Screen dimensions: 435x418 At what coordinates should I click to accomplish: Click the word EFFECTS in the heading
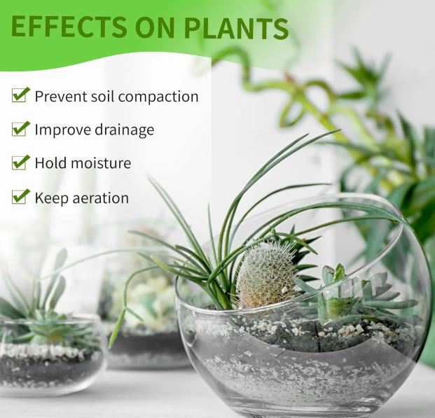tap(69, 27)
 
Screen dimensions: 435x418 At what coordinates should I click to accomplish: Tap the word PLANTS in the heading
tap(237, 27)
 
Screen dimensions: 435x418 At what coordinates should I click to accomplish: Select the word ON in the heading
tap(156, 27)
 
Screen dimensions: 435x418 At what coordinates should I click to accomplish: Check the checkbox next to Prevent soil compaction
tap(20, 95)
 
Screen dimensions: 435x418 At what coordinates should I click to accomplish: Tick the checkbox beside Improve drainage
tap(20, 128)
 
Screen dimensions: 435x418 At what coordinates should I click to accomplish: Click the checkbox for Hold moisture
tap(20, 162)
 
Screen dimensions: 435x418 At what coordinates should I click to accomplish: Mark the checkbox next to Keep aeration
tap(20, 196)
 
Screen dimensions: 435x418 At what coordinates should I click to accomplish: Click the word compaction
tap(158, 97)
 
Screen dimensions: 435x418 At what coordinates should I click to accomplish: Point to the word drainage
tap(124, 130)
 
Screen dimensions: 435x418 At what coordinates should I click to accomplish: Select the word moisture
tap(100, 163)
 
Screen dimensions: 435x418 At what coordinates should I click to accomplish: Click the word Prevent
tap(61, 96)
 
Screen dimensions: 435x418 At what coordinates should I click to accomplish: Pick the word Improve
tap(63, 130)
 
